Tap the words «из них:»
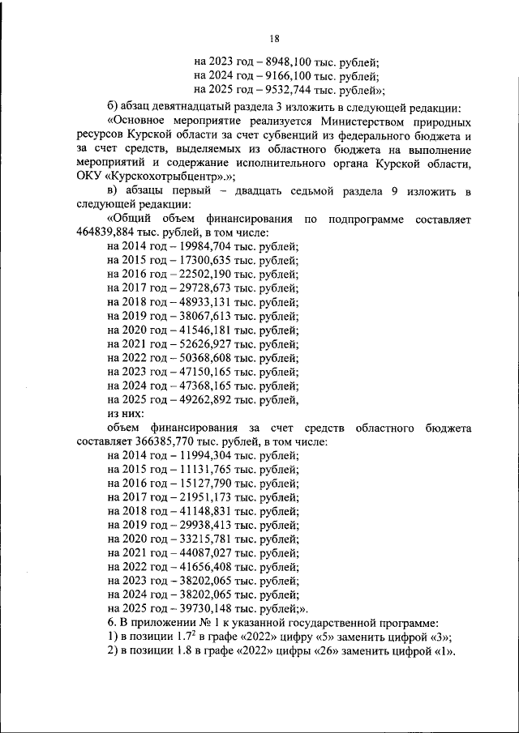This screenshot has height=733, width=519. (125, 413)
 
